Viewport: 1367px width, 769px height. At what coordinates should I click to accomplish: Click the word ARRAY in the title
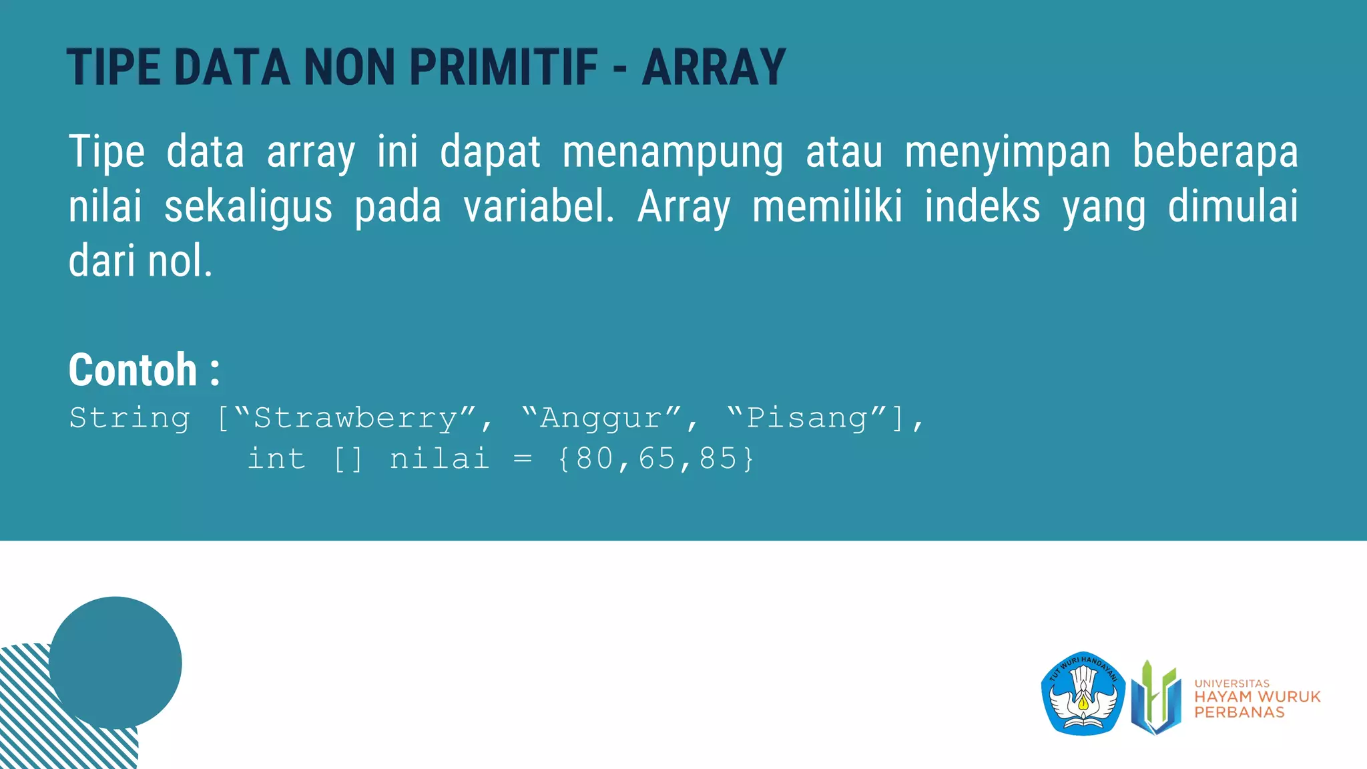714,67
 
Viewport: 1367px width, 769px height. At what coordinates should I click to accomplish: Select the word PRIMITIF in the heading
503,67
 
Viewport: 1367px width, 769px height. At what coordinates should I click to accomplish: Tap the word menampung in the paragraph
672,152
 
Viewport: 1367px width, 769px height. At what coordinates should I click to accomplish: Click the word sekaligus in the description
248,206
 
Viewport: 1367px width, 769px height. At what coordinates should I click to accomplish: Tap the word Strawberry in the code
356,419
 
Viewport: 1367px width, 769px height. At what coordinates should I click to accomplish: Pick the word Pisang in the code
807,419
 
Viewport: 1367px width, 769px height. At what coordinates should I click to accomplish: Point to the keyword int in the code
276,459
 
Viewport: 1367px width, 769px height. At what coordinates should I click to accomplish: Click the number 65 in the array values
657,459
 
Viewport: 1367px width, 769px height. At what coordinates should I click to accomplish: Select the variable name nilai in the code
439,459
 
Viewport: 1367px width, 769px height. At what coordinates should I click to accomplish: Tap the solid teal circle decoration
115,662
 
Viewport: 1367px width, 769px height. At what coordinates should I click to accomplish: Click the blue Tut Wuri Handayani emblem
1083,694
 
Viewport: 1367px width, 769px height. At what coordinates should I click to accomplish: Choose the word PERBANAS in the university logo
1239,713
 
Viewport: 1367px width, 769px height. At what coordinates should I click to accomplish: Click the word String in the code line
129,419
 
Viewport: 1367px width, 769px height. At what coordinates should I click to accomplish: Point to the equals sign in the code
523,459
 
